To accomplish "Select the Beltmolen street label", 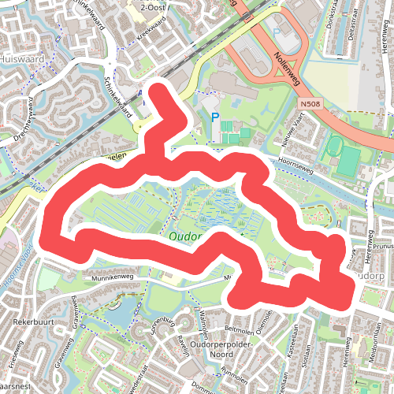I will pos(237,325).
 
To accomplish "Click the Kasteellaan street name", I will pos(291,346).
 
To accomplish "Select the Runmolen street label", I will pos(234,370).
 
